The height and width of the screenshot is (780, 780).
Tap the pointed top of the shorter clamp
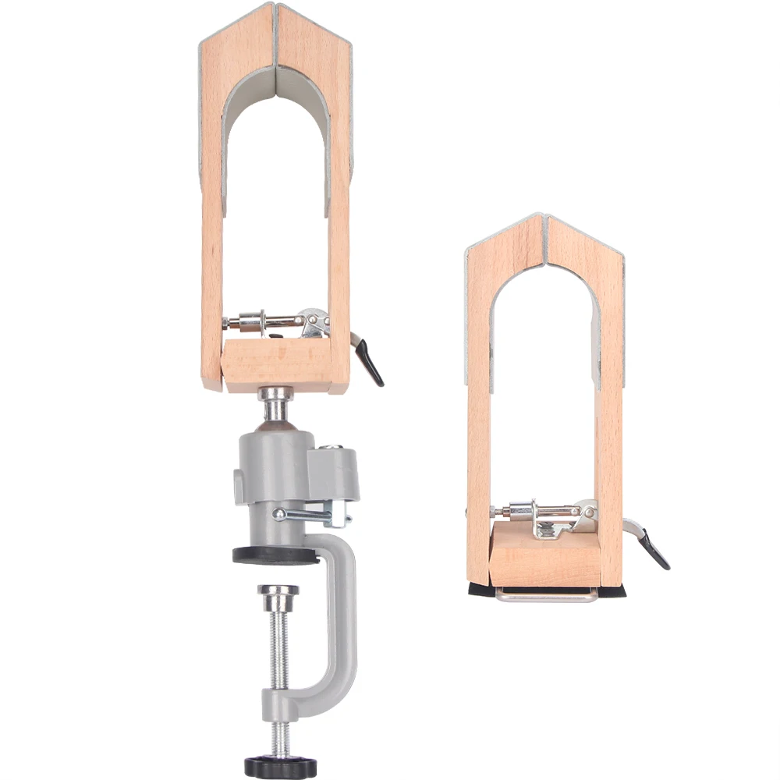[544, 220]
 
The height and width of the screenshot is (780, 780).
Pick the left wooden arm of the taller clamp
[211, 234]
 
